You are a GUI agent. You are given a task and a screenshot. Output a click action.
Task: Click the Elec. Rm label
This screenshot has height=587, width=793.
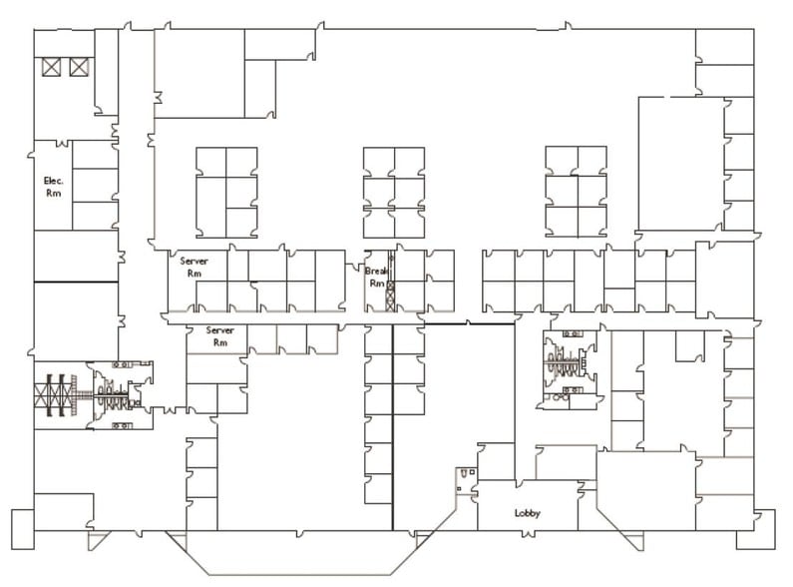[53, 187]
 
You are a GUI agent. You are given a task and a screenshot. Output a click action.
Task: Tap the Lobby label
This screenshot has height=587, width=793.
[527, 513]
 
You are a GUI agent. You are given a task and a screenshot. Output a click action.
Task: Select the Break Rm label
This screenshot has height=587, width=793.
[375, 277]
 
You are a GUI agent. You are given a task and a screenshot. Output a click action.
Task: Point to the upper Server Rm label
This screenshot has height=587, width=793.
[193, 266]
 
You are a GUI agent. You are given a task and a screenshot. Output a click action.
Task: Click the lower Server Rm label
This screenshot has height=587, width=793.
[219, 335]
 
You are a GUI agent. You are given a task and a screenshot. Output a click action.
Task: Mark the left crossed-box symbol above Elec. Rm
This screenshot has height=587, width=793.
[51, 67]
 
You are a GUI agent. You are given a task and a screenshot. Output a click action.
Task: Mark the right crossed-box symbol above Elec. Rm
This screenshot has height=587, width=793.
[78, 67]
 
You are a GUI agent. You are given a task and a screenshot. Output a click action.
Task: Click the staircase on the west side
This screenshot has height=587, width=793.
[56, 393]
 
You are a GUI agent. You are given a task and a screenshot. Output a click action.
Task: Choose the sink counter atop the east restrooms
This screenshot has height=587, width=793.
[573, 334]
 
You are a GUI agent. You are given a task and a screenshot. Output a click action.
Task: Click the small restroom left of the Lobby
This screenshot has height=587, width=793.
[464, 480]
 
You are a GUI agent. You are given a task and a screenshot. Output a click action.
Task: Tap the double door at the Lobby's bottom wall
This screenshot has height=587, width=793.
[527, 531]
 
